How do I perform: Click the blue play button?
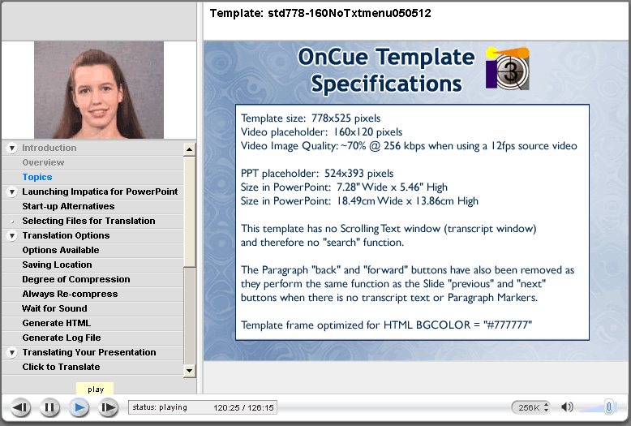(79, 407)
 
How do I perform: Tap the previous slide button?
(20, 407)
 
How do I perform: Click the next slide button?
(108, 407)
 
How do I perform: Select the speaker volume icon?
(567, 407)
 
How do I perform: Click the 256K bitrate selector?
(530, 407)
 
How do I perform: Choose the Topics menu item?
(37, 177)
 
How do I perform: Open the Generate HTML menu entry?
(56, 323)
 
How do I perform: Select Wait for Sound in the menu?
(54, 308)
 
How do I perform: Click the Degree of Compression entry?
(76, 279)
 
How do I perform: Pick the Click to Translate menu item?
(61, 367)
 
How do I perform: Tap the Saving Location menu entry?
(57, 265)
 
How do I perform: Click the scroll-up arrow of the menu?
(189, 150)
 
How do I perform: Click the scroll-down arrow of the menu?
(189, 371)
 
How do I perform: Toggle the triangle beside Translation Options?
(12, 235)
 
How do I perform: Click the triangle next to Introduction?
(12, 148)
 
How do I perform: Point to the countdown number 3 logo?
(508, 68)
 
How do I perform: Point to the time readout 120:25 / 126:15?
(243, 407)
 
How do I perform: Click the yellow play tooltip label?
(95, 389)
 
